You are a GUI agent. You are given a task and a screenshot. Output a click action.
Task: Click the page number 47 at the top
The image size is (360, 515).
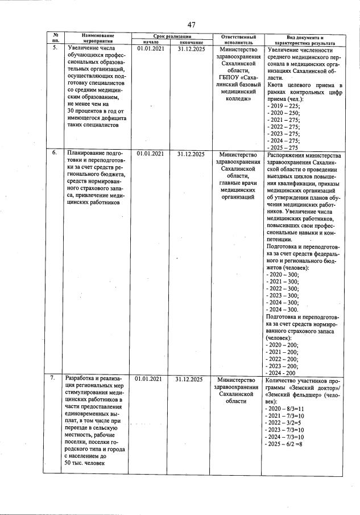(192, 24)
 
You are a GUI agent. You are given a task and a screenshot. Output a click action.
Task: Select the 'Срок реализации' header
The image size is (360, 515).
(171, 36)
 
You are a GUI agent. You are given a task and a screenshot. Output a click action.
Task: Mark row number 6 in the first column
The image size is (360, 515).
(55, 153)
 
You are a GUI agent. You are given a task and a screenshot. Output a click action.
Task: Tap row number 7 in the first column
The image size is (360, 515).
(55, 378)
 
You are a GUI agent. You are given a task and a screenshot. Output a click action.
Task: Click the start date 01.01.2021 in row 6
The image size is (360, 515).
(151, 153)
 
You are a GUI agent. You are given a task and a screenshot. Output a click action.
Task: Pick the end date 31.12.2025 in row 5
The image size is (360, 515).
(191, 49)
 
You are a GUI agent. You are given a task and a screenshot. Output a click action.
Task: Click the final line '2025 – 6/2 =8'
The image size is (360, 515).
(288, 444)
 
